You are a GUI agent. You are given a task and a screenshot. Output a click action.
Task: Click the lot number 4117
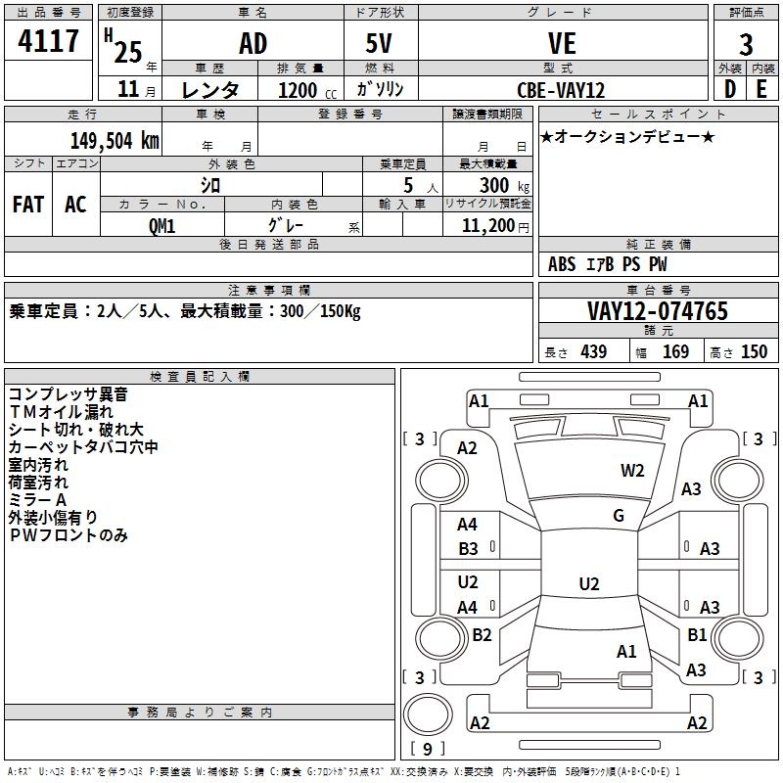coord(49,42)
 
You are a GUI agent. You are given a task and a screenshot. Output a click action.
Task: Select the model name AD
coord(253,43)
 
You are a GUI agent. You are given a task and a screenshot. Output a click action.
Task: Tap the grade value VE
coord(562,43)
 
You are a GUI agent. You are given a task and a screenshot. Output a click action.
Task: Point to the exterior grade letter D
coord(729,89)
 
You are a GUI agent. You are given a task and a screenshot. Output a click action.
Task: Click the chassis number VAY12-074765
coord(657,311)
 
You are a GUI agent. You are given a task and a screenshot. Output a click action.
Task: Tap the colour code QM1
coord(161,225)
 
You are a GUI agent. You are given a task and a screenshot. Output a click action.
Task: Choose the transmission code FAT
coord(28,204)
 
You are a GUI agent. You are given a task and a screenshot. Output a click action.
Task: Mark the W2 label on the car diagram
coord(632,471)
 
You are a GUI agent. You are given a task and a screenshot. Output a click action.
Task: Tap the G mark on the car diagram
coord(618,516)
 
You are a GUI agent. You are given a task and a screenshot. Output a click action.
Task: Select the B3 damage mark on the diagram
coord(468,549)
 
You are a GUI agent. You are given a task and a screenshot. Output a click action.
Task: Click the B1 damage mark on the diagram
coord(696,635)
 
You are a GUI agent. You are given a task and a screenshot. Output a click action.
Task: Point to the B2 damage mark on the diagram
coord(482,635)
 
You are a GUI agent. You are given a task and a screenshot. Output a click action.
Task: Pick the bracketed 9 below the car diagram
coord(427,749)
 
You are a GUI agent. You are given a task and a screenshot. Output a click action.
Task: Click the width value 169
coord(675,351)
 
